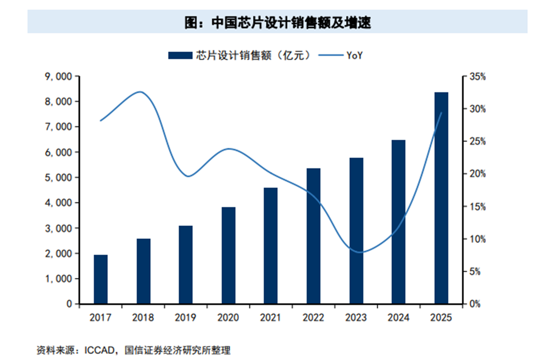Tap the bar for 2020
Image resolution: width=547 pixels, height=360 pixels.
click(x=228, y=255)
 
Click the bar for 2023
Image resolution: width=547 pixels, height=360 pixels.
click(x=356, y=231)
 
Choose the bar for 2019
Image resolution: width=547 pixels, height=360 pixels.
click(x=186, y=265)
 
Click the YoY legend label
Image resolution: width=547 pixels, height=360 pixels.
click(x=354, y=56)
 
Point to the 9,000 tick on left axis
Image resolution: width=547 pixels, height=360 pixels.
click(x=59, y=76)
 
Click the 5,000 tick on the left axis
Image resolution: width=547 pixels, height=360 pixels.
click(x=59, y=178)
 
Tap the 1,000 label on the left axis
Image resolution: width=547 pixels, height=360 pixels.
click(x=59, y=279)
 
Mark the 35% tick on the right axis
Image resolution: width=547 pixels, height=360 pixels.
click(x=477, y=76)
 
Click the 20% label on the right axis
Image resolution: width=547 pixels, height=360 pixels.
click(x=477, y=174)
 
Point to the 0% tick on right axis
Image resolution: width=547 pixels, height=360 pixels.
click(x=475, y=304)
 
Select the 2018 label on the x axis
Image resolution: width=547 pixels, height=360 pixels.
click(x=143, y=317)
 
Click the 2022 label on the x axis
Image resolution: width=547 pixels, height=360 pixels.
click(x=313, y=317)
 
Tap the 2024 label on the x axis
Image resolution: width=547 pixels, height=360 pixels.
click(x=399, y=317)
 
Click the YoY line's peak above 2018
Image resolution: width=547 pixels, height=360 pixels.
click(x=140, y=92)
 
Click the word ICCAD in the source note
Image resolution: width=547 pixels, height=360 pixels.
click(x=99, y=350)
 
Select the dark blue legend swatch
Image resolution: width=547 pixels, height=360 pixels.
click(x=180, y=56)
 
